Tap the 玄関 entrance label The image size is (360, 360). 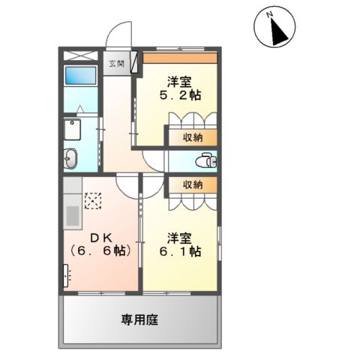[115, 63]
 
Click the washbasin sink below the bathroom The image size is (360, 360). [70, 158]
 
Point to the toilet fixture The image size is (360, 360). [205, 160]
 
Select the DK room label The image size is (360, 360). [101, 238]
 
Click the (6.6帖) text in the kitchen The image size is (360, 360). [100, 253]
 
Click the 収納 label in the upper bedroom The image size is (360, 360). [193, 137]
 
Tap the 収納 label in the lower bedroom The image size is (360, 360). [193, 184]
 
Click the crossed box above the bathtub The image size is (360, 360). [79, 55]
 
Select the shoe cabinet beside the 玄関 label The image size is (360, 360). [134, 62]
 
